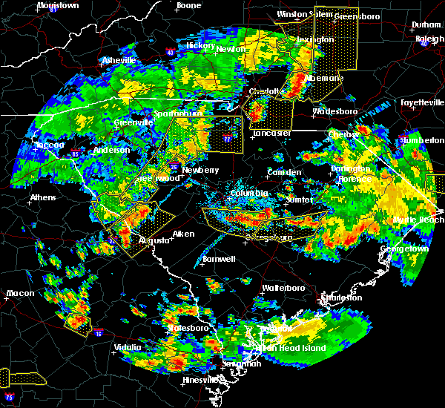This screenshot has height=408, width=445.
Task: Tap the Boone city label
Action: pyautogui.click(x=188, y=5)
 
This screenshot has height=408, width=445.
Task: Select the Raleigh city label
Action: pyautogui.click(x=429, y=38)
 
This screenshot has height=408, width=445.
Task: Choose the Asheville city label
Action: pyautogui.click(x=119, y=60)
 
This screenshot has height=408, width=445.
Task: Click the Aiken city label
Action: pyautogui.click(x=183, y=234)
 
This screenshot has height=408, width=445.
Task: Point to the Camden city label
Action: pyautogui.click(x=285, y=172)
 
